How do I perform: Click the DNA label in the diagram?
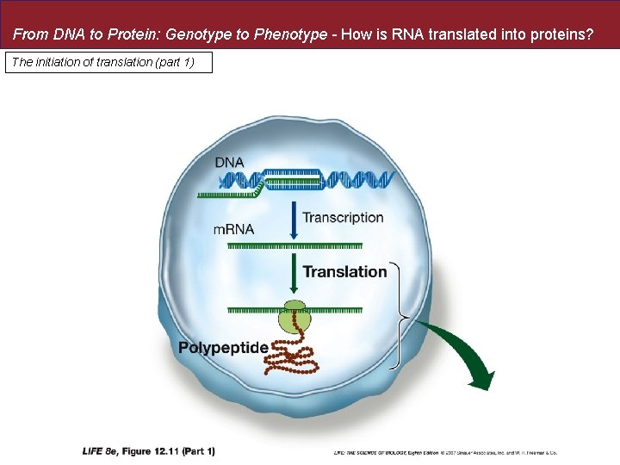(229, 162)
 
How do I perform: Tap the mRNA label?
(234, 229)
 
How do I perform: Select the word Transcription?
(343, 218)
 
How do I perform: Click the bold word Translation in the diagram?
(344, 271)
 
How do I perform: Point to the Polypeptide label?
(223, 347)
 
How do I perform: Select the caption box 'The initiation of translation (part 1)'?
(108, 63)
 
